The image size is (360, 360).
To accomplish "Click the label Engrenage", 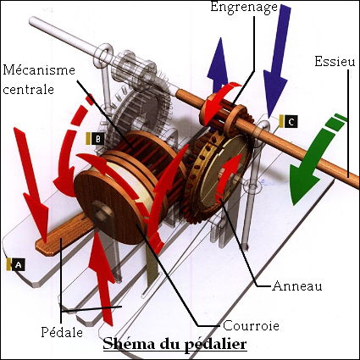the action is (x=244, y=8).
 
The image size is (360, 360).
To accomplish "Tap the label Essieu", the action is (x=335, y=61).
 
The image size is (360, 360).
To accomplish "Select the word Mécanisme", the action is (x=39, y=69).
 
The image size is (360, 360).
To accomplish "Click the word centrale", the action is (x=28, y=89).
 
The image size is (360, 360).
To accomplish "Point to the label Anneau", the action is (x=297, y=286).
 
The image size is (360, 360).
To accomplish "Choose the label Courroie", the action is (x=251, y=326).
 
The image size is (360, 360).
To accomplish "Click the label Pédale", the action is (x=62, y=332).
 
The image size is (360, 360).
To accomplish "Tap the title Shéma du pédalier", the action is (x=174, y=345).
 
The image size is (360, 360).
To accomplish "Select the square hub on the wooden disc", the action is (x=100, y=212).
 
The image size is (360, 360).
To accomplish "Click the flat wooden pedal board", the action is (x=63, y=235).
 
